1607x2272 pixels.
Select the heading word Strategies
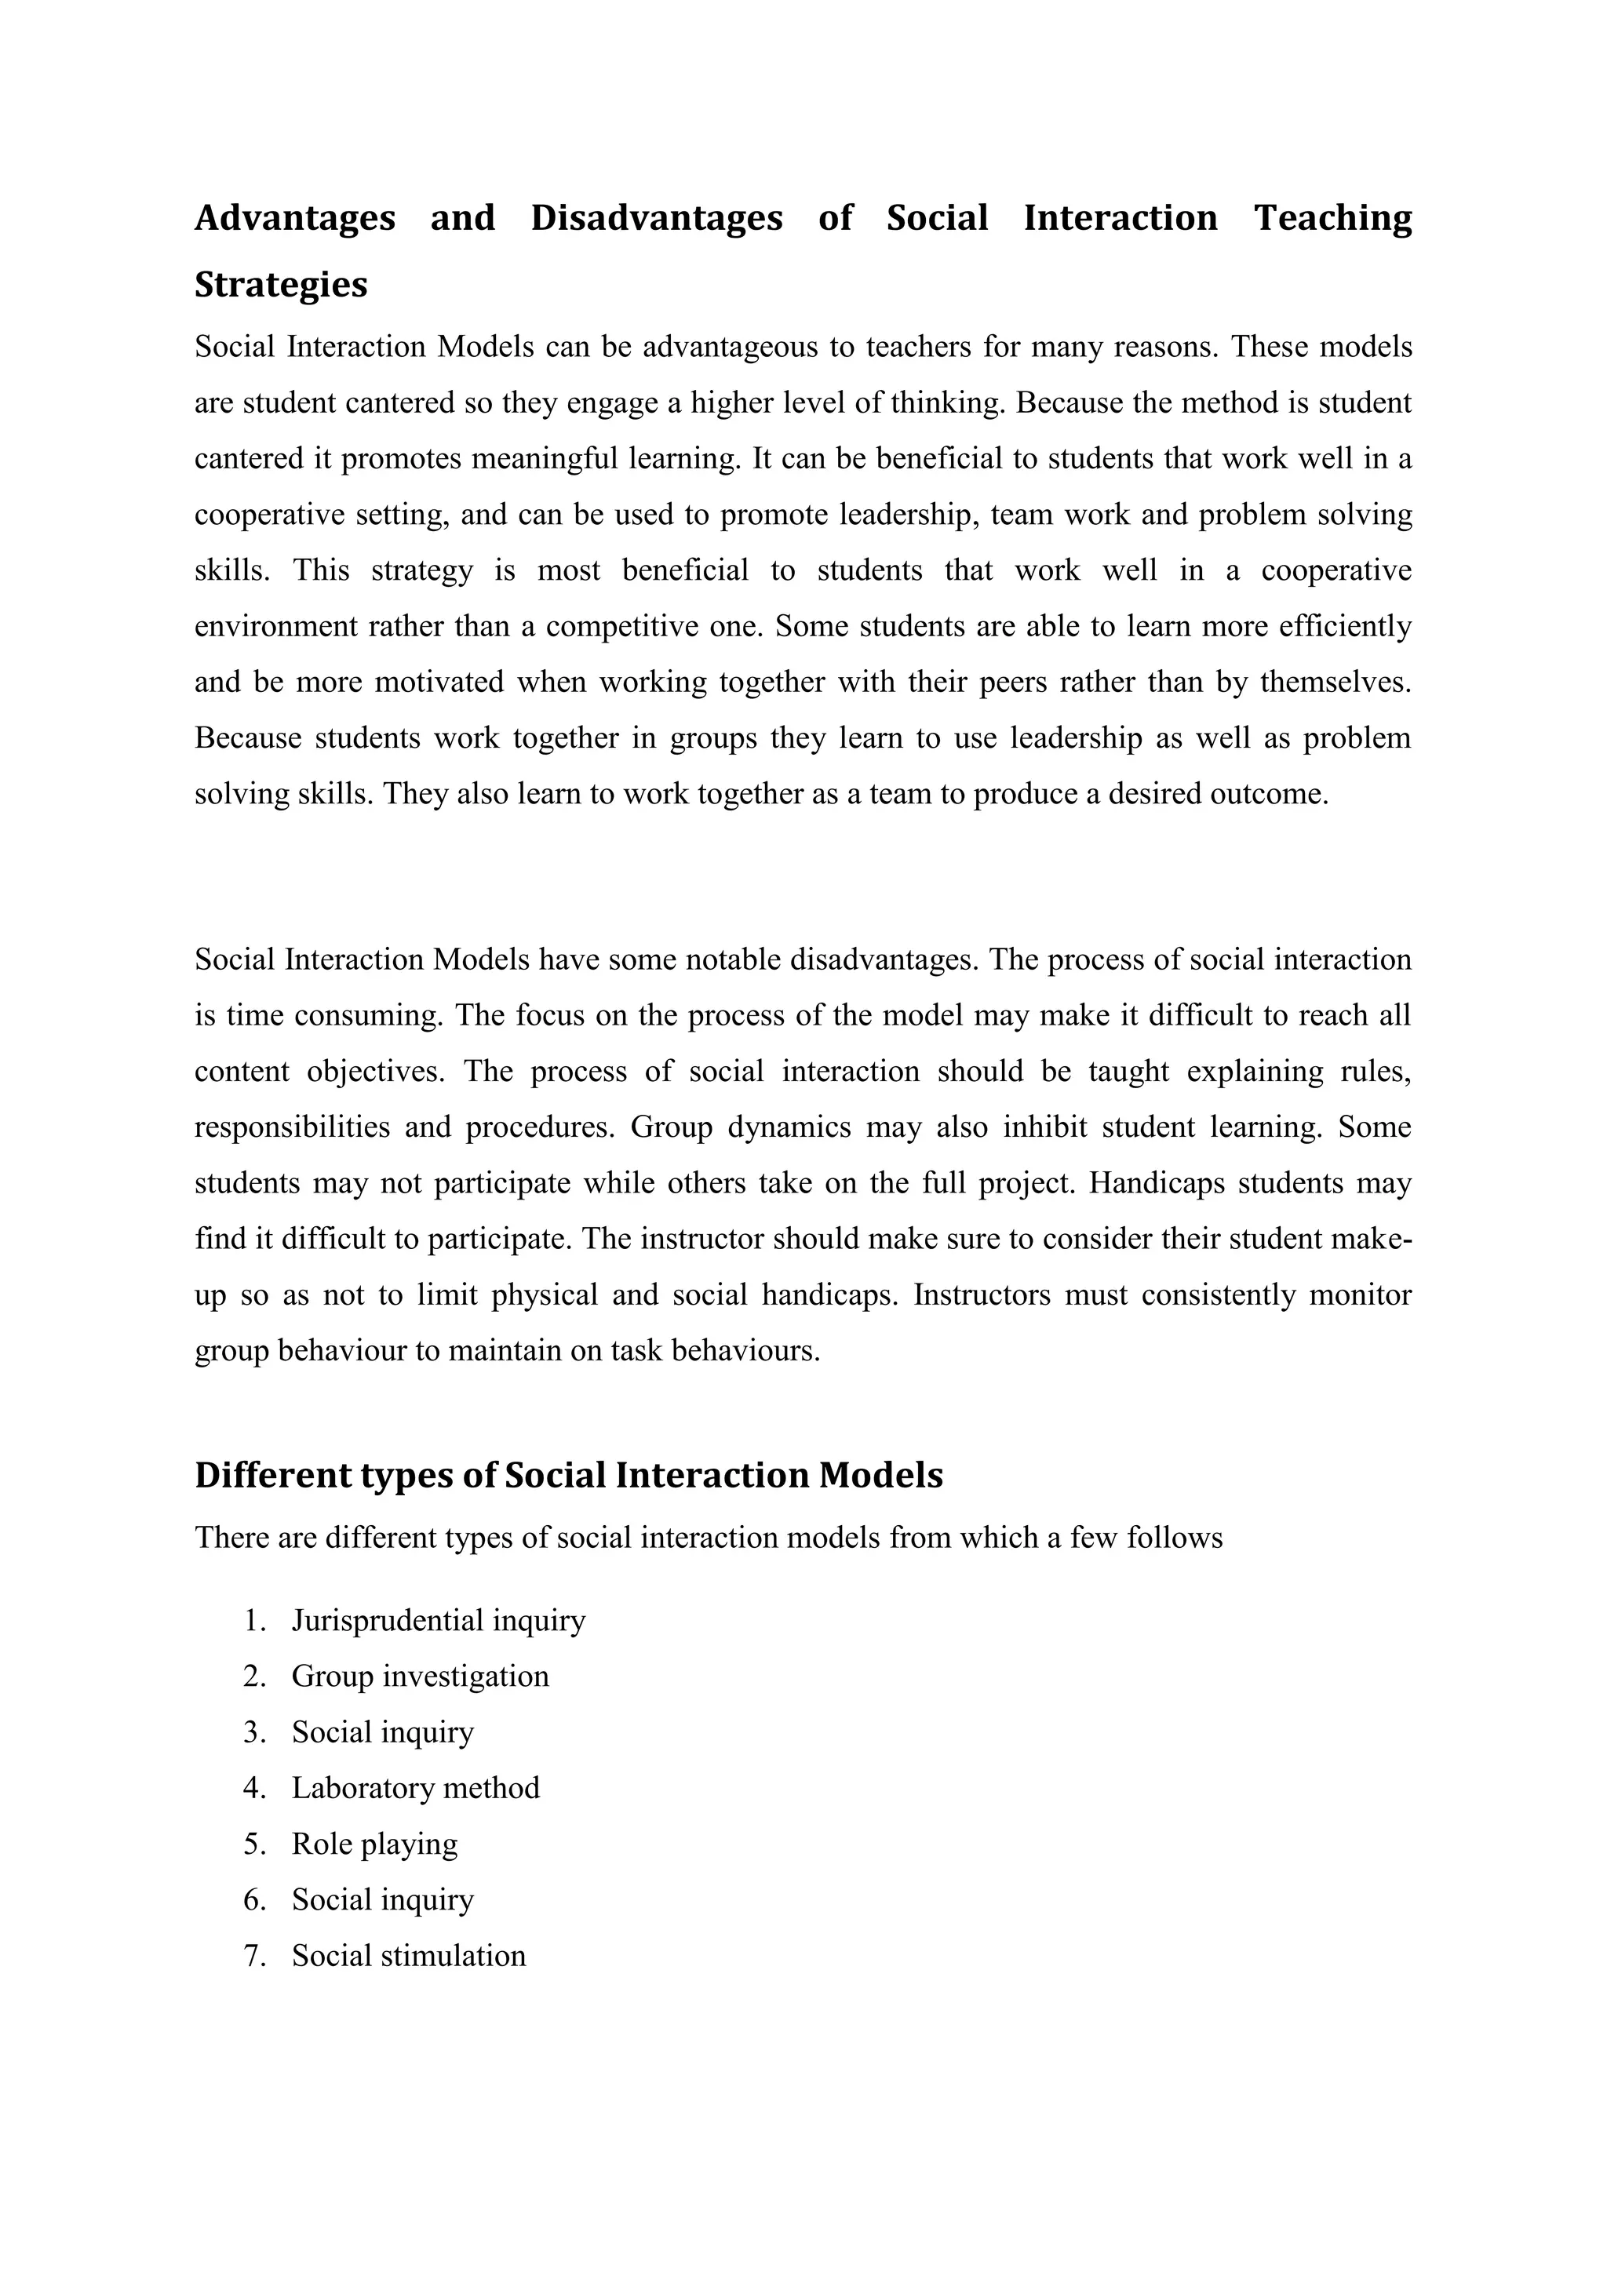click(x=281, y=285)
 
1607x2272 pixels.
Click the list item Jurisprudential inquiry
click(x=439, y=1621)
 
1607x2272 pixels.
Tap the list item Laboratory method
click(x=416, y=1788)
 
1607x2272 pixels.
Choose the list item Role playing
click(x=374, y=1844)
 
